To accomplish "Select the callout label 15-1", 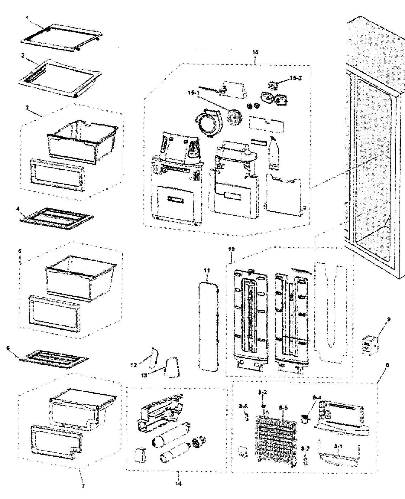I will pos(193,93).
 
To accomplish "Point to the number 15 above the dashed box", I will pos(255,52).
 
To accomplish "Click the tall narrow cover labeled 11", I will pos(208,325).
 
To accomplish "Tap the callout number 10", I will pos(231,249).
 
